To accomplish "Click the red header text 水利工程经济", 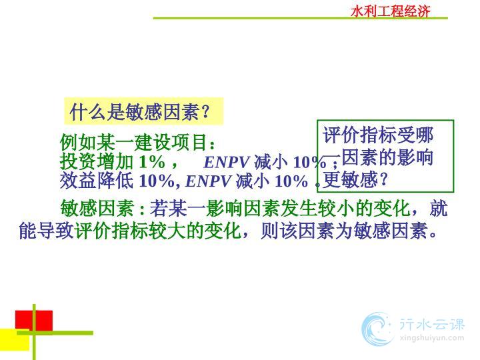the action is (x=390, y=11).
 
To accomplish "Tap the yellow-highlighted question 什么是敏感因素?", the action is (x=139, y=111).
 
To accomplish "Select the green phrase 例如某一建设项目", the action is (x=133, y=142).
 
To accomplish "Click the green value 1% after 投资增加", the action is (x=152, y=161).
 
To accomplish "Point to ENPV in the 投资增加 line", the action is (x=226, y=162).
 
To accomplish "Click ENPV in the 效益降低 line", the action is (x=208, y=181).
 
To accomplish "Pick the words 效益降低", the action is (x=97, y=181).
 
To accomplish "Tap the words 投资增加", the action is (x=97, y=161).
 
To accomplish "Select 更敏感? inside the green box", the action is (x=355, y=180).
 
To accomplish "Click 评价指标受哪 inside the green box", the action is (x=378, y=135).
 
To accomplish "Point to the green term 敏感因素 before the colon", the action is (x=97, y=208).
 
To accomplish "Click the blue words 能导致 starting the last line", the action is (x=46, y=230).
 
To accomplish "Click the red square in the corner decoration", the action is (x=34, y=321).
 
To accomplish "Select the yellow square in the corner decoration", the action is (x=15, y=339).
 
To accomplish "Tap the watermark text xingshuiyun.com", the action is (x=431, y=338).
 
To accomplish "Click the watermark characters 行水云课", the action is (x=431, y=324).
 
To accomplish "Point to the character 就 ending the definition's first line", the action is (x=439, y=208).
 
